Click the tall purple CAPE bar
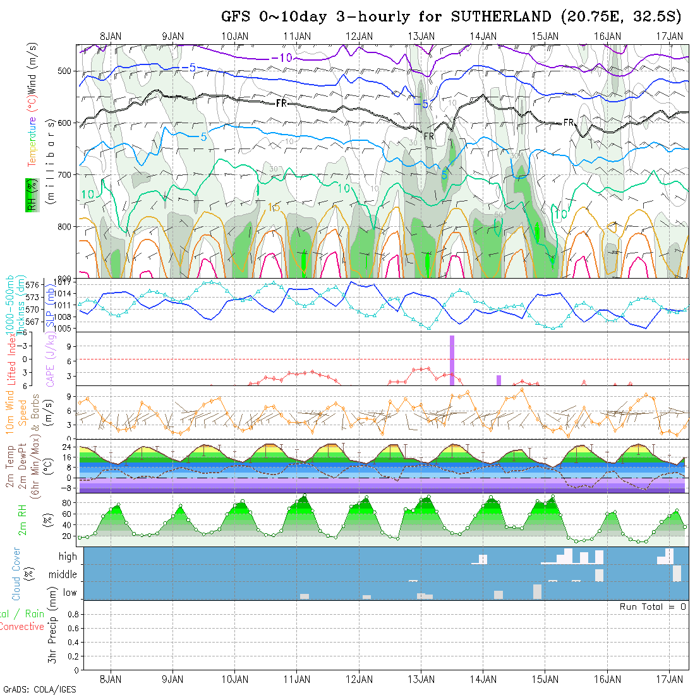point(452,360)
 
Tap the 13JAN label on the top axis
point(421,36)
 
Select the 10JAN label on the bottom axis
point(235,679)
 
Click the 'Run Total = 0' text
point(653,607)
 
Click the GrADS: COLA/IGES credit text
point(39,689)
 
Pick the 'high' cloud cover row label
point(68,557)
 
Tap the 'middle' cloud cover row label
point(63,575)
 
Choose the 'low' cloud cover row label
point(69,593)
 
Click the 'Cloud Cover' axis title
point(16,574)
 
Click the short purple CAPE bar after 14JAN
point(499,380)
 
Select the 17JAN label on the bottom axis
point(670,679)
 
